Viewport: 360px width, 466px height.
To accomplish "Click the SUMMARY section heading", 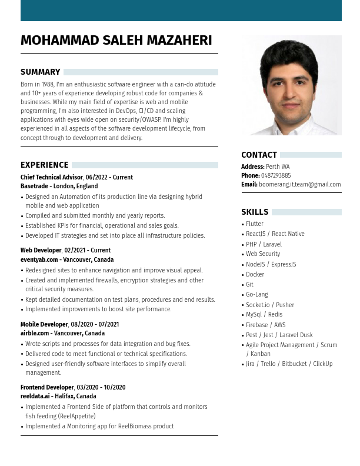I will point(41,72).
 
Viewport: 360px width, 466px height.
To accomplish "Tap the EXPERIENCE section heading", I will point(45,165).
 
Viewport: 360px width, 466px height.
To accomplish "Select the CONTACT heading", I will point(259,155).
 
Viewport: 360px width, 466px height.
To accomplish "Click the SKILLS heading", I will point(255,212).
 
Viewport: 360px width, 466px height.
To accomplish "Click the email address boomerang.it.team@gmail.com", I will point(300,185).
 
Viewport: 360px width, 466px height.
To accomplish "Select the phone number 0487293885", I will point(276,175).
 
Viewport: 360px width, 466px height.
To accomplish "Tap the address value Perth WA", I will point(278,167).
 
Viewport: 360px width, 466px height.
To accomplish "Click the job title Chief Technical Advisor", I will point(52,177).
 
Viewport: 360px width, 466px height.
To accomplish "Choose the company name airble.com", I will point(36,333).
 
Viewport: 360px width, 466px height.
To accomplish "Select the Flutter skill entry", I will point(255,224).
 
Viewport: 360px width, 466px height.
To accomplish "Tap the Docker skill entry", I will point(255,275).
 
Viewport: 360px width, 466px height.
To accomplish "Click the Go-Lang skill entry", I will point(257,295).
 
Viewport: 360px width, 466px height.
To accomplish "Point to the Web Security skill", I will point(263,254).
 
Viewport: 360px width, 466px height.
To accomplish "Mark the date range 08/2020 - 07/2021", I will point(95,324).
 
